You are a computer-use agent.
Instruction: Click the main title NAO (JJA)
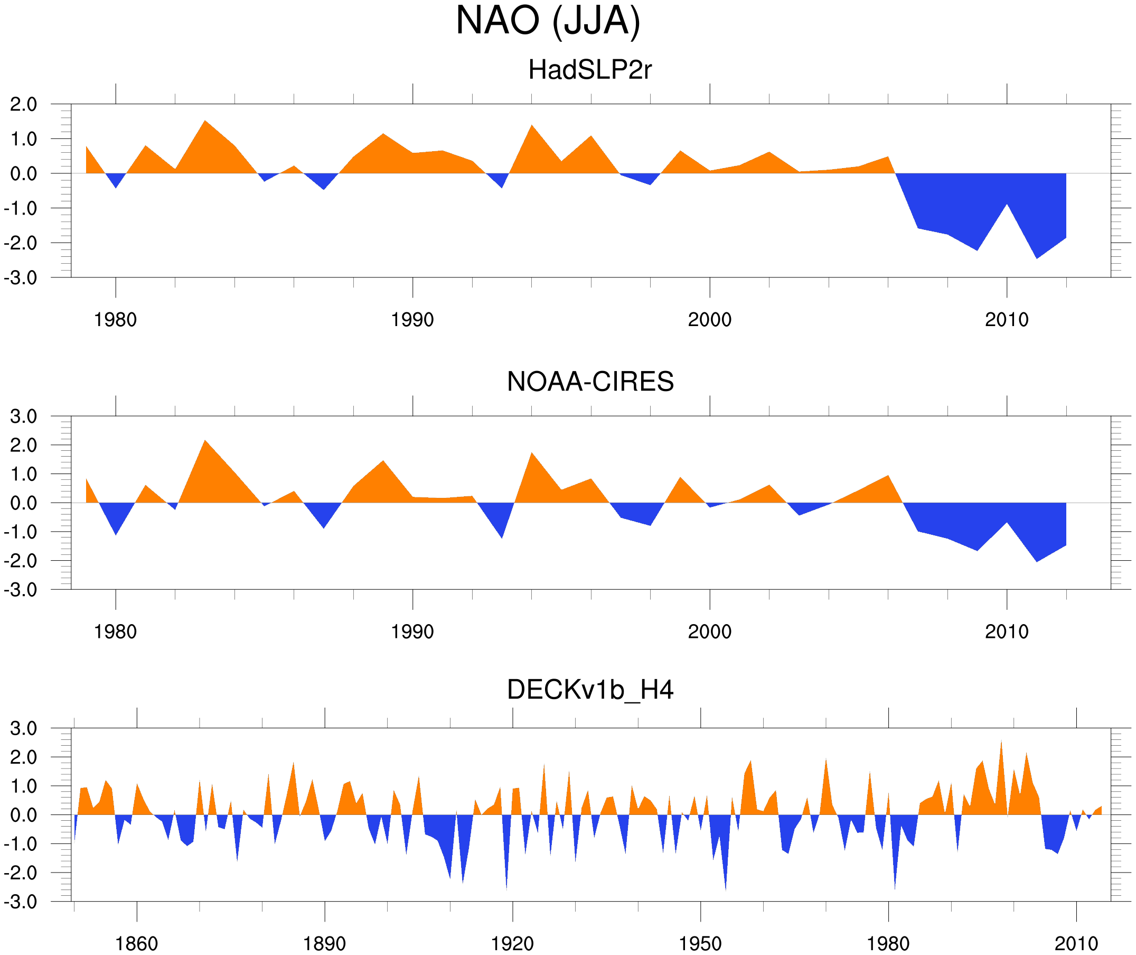pos(548,21)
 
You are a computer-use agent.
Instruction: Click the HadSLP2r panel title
pos(589,70)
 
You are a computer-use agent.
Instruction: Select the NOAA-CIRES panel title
pos(589,382)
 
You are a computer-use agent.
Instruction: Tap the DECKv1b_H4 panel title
pos(589,690)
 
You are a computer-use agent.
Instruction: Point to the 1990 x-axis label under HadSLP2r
pos(412,320)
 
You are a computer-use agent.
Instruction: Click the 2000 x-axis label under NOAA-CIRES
pos(709,632)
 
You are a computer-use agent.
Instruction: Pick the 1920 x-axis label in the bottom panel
pos(512,943)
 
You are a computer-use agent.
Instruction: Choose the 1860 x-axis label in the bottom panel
pos(136,943)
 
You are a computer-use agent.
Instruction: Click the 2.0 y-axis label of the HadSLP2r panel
pos(23,104)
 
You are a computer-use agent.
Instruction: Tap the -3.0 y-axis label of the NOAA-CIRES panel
pos(21,590)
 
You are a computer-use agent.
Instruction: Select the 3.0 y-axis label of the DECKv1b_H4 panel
pos(23,728)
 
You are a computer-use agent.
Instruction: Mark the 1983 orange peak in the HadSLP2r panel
pos(205,123)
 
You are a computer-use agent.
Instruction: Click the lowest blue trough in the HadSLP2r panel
pos(1037,257)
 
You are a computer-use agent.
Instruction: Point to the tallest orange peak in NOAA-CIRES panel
pos(205,442)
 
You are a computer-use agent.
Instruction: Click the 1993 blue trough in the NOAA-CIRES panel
pos(502,536)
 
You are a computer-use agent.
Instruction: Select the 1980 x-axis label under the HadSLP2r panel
pos(115,320)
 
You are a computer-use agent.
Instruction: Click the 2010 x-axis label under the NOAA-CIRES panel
pos(1006,632)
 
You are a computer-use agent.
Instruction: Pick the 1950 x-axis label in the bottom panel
pos(700,943)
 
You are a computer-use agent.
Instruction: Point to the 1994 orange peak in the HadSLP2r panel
pos(532,127)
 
